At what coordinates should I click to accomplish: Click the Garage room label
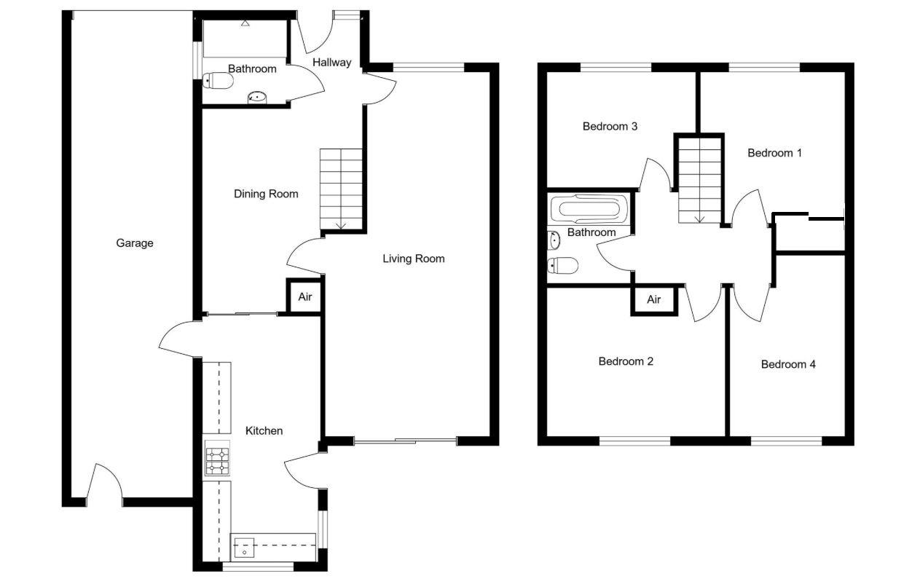[135, 243]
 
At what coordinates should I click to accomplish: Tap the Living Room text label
[413, 259]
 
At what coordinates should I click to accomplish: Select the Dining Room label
[266, 194]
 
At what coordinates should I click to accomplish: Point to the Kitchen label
[264, 431]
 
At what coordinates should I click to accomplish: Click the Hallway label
[331, 63]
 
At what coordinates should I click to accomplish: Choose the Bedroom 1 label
[774, 153]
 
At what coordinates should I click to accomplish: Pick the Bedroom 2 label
[626, 361]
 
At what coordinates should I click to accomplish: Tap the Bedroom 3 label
[610, 127]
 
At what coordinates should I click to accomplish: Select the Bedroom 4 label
[788, 364]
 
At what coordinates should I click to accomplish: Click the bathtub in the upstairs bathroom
[588, 210]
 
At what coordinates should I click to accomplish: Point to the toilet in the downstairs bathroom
[218, 82]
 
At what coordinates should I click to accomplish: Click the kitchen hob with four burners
[217, 459]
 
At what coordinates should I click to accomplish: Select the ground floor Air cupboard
[304, 297]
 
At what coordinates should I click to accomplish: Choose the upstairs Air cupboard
[654, 300]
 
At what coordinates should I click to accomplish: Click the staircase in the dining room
[341, 188]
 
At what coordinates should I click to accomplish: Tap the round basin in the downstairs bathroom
[257, 97]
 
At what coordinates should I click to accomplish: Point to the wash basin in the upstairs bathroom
[554, 240]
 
